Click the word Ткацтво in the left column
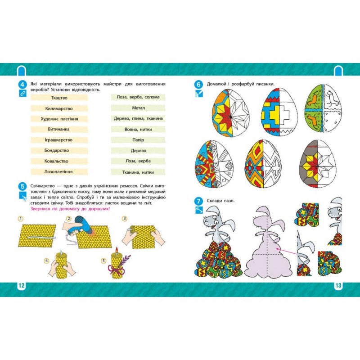coord(59,98)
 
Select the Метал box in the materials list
coord(138,108)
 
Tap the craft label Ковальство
coord(56,161)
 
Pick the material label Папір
coord(138,140)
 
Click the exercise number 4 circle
coord(22,85)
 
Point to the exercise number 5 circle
coord(22,186)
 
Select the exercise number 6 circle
coord(198,85)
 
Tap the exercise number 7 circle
coord(198,201)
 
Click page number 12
coord(21,286)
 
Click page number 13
coord(338,286)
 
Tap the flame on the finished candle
coord(117,250)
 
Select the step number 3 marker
coord(125,218)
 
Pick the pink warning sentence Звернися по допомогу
coord(70,209)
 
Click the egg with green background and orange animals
coord(323,108)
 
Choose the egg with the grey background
coord(318,164)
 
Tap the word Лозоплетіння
coord(58,172)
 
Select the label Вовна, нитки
coord(138,129)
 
